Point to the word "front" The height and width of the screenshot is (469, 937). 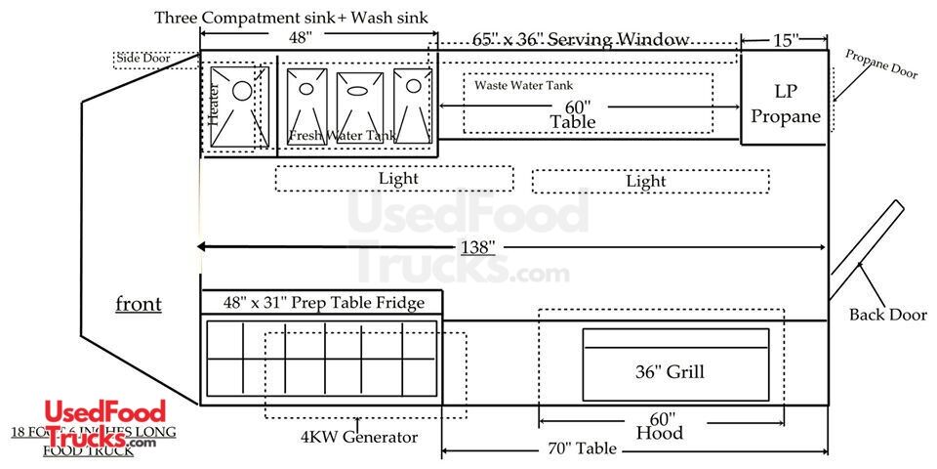coord(139,304)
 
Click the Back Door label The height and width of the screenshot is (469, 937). coord(887,315)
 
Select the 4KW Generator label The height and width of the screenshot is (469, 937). coord(359,437)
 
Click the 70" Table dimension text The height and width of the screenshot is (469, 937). coord(582,448)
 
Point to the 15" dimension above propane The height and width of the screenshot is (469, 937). coord(784,40)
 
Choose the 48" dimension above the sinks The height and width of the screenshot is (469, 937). coord(300,38)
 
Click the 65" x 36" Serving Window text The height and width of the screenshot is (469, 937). coord(582,40)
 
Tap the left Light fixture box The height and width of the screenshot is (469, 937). coord(394,179)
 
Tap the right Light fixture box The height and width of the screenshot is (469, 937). coord(650,181)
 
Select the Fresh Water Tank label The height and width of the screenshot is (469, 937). coord(342,135)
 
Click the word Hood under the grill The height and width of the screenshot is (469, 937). coord(659,432)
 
